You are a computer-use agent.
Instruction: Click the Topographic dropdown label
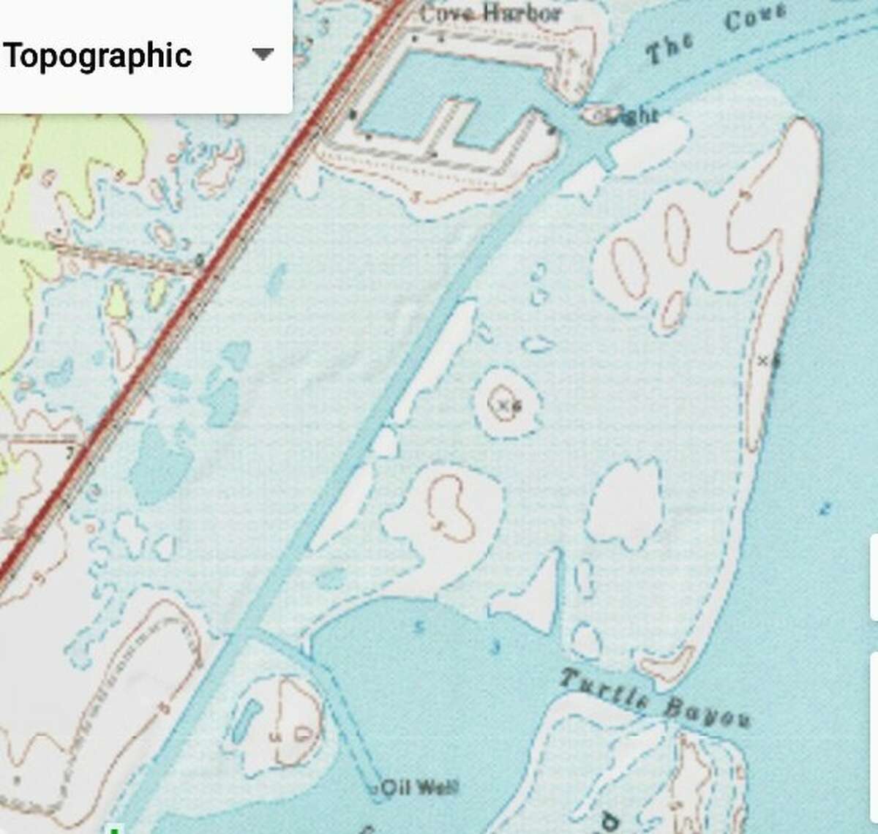[97, 56]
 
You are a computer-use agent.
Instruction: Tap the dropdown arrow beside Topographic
[262, 54]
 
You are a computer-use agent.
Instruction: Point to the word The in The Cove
[669, 48]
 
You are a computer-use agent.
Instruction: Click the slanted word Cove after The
[754, 18]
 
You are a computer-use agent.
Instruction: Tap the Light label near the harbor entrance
[632, 115]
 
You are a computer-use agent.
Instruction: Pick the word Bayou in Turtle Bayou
[707, 713]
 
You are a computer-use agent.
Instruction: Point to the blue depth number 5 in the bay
[419, 626]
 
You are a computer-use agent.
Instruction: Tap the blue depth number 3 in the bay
[496, 647]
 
